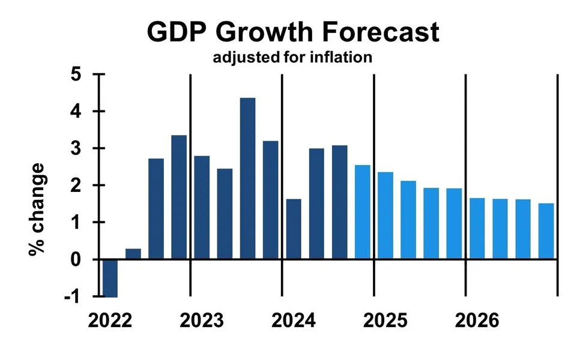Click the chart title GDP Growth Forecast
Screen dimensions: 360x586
pyautogui.click(x=293, y=32)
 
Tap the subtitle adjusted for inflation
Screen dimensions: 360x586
pyautogui.click(x=292, y=58)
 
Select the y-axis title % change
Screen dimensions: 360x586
pyautogui.click(x=37, y=209)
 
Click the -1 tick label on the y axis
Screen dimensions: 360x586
pyautogui.click(x=76, y=296)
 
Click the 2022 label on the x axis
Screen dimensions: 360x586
pyautogui.click(x=110, y=320)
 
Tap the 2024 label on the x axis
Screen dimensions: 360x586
pyautogui.click(x=293, y=320)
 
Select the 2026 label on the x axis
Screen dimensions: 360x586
pyautogui.click(x=477, y=320)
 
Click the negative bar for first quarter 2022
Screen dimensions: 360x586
pyautogui.click(x=110, y=278)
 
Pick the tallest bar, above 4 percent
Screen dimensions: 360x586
pyautogui.click(x=247, y=178)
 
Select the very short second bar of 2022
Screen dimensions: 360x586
pyautogui.click(x=133, y=254)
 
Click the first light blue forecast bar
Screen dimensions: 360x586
pyautogui.click(x=362, y=212)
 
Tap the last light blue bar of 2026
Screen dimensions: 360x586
pyautogui.click(x=546, y=231)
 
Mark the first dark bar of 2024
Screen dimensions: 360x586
pyautogui.click(x=293, y=229)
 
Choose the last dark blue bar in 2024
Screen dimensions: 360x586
pyautogui.click(x=339, y=202)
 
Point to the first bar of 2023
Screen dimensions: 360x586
pyautogui.click(x=202, y=208)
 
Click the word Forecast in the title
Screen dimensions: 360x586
pyautogui.click(x=372, y=32)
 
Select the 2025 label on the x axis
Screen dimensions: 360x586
pyautogui.click(x=385, y=320)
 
